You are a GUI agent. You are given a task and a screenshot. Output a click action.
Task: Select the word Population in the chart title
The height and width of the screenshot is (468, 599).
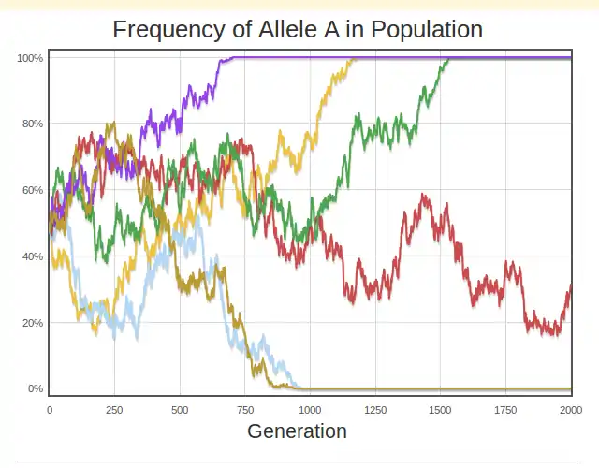[427, 29]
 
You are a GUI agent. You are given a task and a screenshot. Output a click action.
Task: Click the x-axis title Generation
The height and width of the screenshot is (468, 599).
[297, 431]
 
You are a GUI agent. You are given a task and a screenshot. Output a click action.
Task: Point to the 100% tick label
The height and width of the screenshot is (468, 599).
[30, 58]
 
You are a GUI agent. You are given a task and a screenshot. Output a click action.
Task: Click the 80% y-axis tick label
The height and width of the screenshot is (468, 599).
[33, 124]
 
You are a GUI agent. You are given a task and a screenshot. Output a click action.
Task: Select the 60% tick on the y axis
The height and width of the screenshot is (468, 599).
[33, 190]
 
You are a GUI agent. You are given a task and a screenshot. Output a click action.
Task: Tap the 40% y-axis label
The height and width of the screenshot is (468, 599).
[33, 256]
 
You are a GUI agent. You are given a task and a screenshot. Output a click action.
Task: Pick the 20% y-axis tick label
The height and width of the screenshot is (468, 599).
[33, 323]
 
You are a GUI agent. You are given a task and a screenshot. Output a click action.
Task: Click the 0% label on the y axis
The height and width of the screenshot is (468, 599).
[36, 388]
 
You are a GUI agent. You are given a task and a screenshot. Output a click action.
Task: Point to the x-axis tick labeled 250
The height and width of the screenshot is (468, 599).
[114, 409]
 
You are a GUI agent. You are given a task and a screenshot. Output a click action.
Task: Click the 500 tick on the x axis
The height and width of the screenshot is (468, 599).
[180, 409]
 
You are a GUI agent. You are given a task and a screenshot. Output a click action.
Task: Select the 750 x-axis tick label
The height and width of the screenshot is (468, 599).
[245, 409]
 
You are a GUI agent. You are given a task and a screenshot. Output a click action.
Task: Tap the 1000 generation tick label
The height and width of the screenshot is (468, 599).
[310, 409]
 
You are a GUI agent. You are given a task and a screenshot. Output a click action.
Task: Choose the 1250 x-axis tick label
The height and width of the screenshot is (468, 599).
[375, 409]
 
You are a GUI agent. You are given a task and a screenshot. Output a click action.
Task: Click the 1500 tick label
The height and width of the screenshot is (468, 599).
[441, 409]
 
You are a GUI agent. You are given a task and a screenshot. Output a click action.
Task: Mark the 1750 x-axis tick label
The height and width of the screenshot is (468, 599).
[505, 409]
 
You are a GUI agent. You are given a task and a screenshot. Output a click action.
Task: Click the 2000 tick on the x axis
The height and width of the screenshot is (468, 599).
[571, 409]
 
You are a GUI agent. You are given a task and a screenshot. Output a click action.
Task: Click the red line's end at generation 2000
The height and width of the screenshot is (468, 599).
[571, 286]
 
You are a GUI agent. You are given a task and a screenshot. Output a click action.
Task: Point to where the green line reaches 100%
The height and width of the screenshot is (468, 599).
[449, 59]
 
